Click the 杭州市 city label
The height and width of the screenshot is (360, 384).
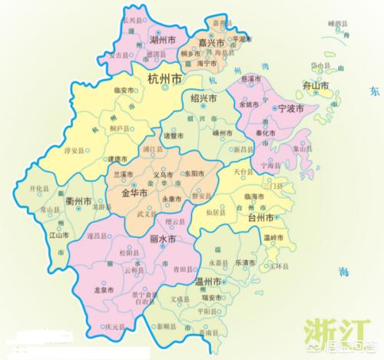pyautogui.click(x=165, y=80)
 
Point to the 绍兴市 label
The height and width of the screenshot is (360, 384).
pyautogui.click(x=203, y=99)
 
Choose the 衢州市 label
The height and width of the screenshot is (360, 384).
pyautogui.click(x=80, y=202)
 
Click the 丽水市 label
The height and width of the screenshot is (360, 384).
pyautogui.click(x=161, y=239)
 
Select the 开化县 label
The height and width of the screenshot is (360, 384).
pyautogui.click(x=39, y=187)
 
